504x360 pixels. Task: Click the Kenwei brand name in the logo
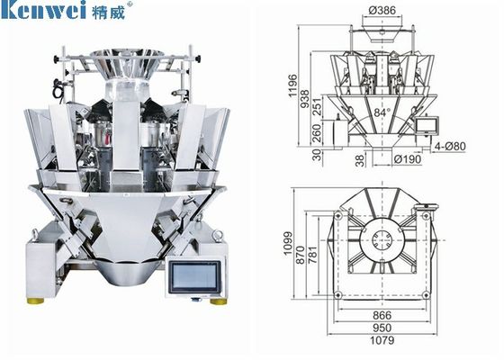coord(44,10)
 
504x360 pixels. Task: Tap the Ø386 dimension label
coord(382,10)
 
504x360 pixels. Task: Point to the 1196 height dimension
coord(292,85)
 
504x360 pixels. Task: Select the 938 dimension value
coord(304,99)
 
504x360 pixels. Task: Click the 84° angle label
coord(382,112)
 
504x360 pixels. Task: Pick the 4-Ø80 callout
coord(450,146)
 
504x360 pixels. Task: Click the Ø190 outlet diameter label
coord(407,158)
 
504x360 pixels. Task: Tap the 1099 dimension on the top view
coord(288,243)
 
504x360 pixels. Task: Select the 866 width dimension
coord(382,315)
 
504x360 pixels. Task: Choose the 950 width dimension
coord(382,328)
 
